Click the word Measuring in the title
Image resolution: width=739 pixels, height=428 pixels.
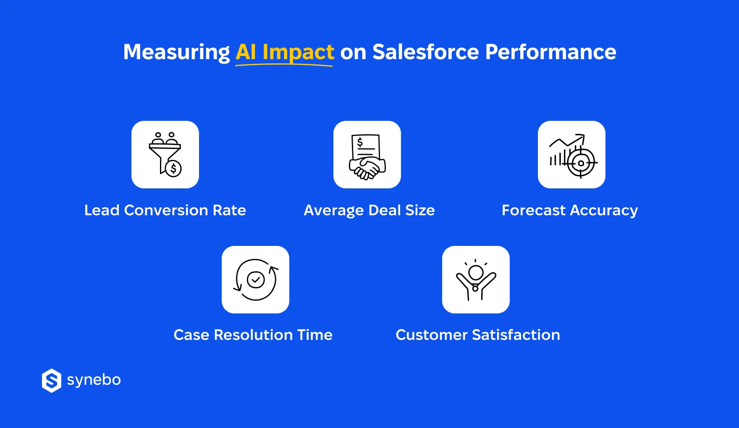(176, 52)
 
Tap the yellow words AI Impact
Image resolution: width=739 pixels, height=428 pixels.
(285, 52)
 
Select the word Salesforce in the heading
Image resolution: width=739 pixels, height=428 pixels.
(425, 52)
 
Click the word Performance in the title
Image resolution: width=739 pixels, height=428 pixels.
(550, 52)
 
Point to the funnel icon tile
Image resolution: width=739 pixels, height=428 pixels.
(165, 154)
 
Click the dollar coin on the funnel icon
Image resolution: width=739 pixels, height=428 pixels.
(173, 169)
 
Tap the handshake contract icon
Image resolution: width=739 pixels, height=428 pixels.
(367, 154)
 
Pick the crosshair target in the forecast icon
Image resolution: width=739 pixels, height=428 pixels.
(581, 163)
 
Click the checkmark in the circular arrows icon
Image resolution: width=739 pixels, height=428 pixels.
(255, 279)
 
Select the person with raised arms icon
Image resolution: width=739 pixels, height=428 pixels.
(476, 279)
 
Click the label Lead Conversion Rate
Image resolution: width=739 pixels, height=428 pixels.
(165, 210)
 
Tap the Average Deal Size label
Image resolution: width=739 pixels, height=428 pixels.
(369, 210)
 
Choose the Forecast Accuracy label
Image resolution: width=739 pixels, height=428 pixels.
(570, 210)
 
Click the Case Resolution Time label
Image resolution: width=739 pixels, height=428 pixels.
(253, 335)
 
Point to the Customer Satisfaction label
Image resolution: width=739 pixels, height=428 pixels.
(477, 335)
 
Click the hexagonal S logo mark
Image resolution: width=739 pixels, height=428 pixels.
(52, 381)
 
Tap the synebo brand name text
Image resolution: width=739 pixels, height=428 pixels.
(94, 380)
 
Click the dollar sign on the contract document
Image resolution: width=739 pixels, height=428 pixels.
(360, 142)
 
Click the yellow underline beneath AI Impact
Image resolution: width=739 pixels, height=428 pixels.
(284, 65)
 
